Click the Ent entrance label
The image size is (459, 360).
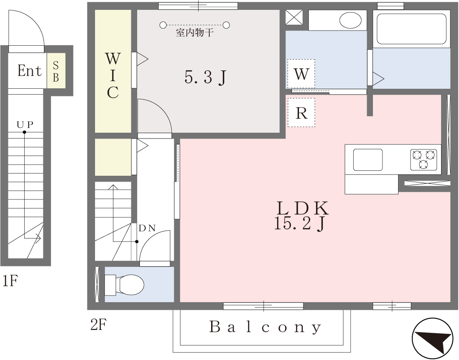tap(29, 70)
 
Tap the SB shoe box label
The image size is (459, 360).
tap(56, 71)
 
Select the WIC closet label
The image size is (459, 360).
tap(113, 75)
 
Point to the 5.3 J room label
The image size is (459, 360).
tap(205, 78)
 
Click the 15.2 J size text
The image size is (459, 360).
tap(300, 224)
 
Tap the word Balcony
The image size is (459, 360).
tap(265, 327)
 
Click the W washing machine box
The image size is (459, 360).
tap(301, 74)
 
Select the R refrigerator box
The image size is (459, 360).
tap(302, 113)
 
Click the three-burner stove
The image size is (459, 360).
tap(424, 160)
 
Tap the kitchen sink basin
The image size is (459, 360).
tap(368, 160)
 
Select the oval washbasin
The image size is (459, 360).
tap(351, 20)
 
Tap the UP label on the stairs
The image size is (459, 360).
tap(25, 125)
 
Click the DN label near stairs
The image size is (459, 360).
tap(147, 228)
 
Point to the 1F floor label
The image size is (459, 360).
tap(10, 281)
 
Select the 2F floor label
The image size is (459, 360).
tap(99, 325)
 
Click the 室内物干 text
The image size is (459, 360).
tap(195, 33)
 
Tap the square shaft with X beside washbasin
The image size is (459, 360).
tap(294, 17)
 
